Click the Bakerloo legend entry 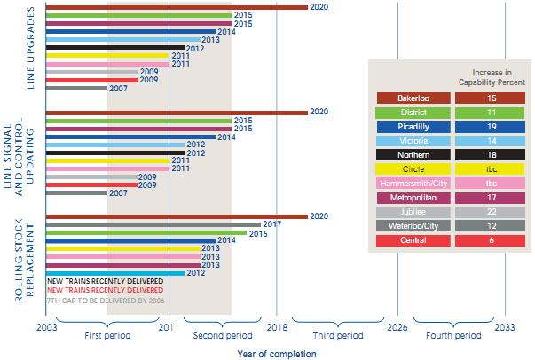click(413, 98)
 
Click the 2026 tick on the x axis click(397, 327)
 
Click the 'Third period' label click(338, 336)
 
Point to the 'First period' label click(107, 336)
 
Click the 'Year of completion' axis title click(276, 354)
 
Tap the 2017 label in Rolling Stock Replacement click(271, 224)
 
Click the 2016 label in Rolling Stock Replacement click(257, 233)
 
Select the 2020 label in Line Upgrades click(320, 7)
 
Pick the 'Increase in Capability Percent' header click(490, 75)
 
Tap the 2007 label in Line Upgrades click(118, 89)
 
